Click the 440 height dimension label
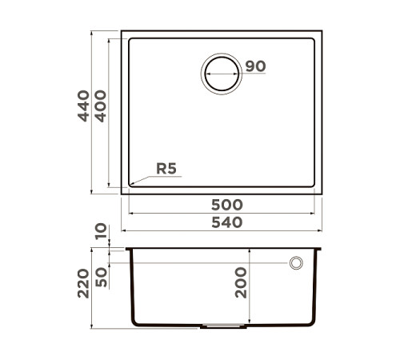[84, 106]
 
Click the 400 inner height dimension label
[101, 106]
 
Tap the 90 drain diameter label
[254, 66]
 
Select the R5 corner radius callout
[166, 169]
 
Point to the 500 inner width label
[222, 205]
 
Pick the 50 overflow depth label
[101, 278]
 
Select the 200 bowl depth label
[242, 282]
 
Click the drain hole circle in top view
[222, 74]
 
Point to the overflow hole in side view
[296, 262]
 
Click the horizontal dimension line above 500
[222, 214]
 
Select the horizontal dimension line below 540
[222, 230]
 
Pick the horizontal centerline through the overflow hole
[200, 262]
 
